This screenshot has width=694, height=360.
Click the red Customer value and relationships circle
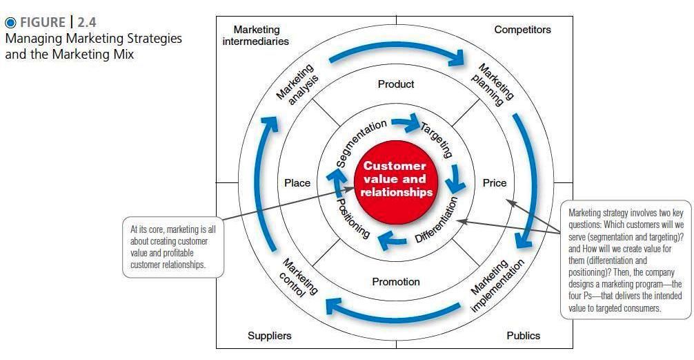pyautogui.click(x=395, y=180)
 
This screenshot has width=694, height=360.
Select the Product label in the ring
pyautogui.click(x=396, y=84)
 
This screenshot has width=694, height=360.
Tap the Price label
pyautogui.click(x=494, y=183)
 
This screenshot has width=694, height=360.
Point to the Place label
pyautogui.click(x=297, y=183)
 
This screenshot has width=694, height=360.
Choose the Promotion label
pyautogui.click(x=396, y=281)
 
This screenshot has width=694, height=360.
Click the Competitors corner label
pyautogui.click(x=522, y=30)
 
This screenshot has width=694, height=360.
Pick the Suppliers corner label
pyautogui.click(x=269, y=336)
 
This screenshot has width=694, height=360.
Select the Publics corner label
pyautogui.click(x=523, y=336)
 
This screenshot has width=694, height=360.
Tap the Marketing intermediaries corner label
pyautogui.click(x=256, y=35)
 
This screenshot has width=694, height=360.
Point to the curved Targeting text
pyautogui.click(x=437, y=138)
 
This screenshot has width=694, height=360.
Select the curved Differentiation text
pyautogui.click(x=437, y=220)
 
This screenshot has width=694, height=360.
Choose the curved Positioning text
pyautogui.click(x=353, y=218)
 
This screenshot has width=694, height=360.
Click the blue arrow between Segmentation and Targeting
pyautogui.click(x=406, y=125)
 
